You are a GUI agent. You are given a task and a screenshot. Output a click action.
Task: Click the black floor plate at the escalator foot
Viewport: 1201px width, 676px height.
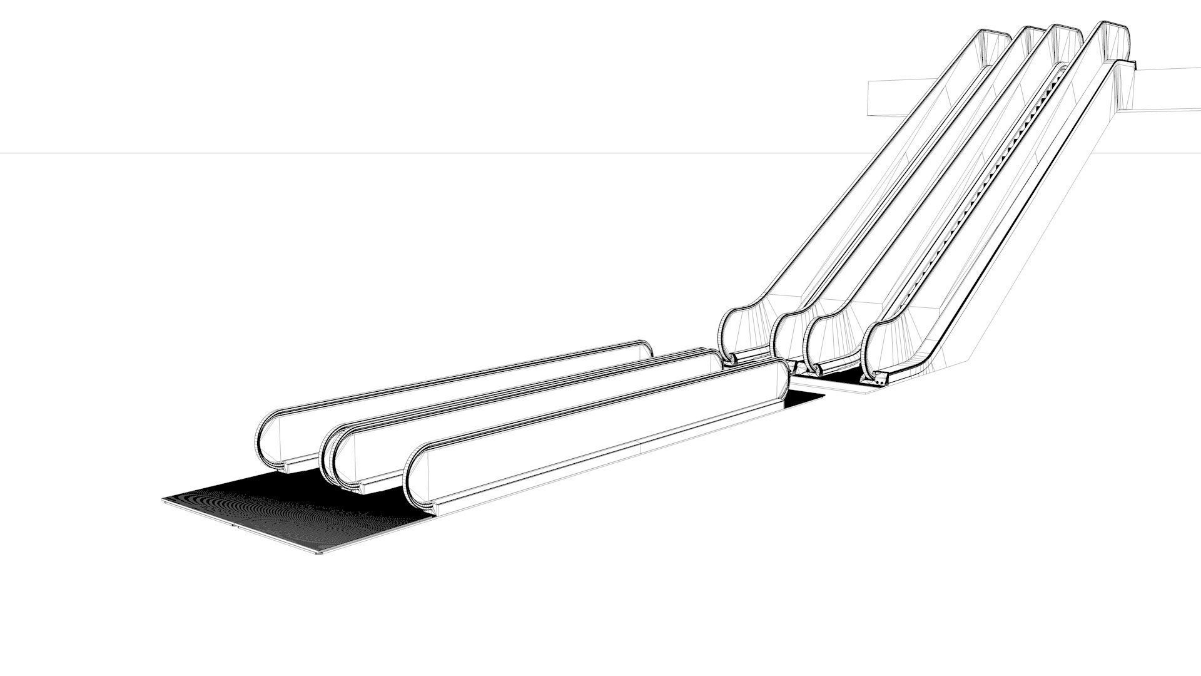point(838,378)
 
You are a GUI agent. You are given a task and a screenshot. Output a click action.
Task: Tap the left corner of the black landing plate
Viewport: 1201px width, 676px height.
point(166,499)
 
